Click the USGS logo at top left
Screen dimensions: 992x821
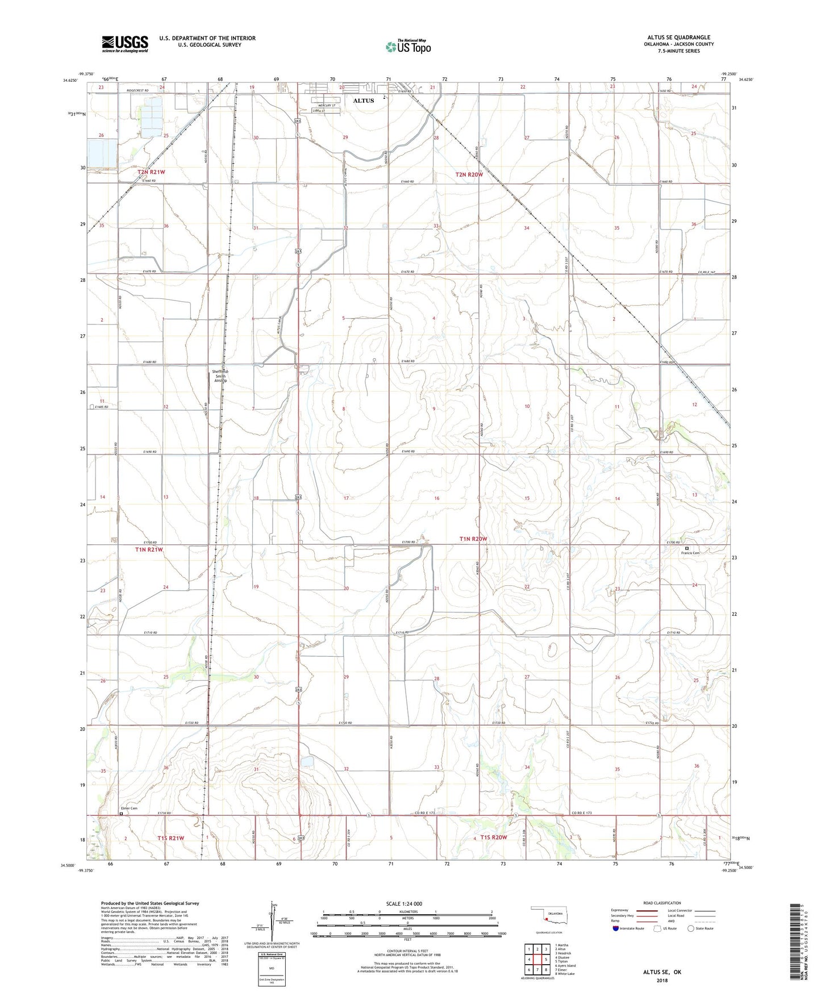pyautogui.click(x=125, y=44)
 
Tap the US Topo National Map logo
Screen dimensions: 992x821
pyautogui.click(x=408, y=47)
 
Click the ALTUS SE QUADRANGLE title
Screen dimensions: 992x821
pyautogui.click(x=678, y=37)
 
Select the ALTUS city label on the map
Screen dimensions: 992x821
pyautogui.click(x=364, y=101)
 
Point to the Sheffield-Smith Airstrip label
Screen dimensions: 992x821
pyautogui.click(x=220, y=376)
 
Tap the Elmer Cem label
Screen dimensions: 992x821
pyautogui.click(x=129, y=808)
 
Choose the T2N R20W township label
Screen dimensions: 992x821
pyautogui.click(x=469, y=175)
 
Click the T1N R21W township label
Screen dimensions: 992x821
pyautogui.click(x=149, y=549)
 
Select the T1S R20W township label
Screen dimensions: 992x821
pyautogui.click(x=493, y=837)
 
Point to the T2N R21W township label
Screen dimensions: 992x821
pyautogui.click(x=151, y=172)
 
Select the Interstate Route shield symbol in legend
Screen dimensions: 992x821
pyautogui.click(x=616, y=928)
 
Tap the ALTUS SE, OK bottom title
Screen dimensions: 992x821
pyautogui.click(x=662, y=972)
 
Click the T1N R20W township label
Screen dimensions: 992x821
pyautogui.click(x=473, y=539)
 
